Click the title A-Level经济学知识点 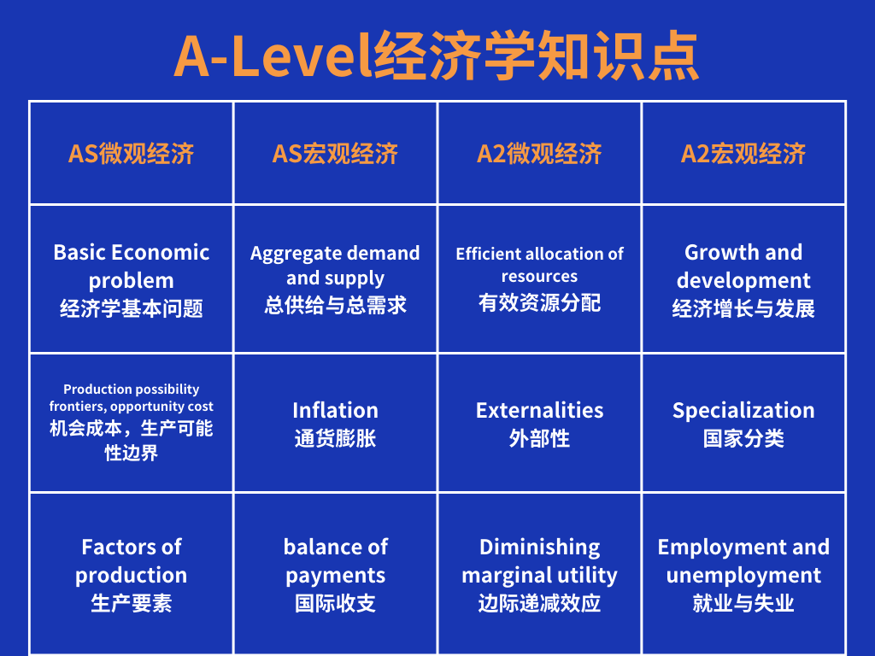coord(437,56)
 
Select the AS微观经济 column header coord(131,154)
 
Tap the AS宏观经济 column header coord(335,154)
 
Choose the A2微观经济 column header coord(539,154)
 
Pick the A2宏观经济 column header coord(743,154)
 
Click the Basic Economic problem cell coord(131,279)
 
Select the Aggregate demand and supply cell coord(335,278)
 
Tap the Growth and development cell coord(743,279)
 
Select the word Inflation coord(335,410)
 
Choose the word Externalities coord(539,410)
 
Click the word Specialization coord(743,410)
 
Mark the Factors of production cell coord(131,574)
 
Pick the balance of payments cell coord(335,574)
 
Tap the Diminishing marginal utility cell coord(539,574)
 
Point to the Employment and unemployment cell coord(743,574)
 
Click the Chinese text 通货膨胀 coord(335,439)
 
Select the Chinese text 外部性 coord(539,439)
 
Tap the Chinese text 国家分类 coord(743,439)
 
